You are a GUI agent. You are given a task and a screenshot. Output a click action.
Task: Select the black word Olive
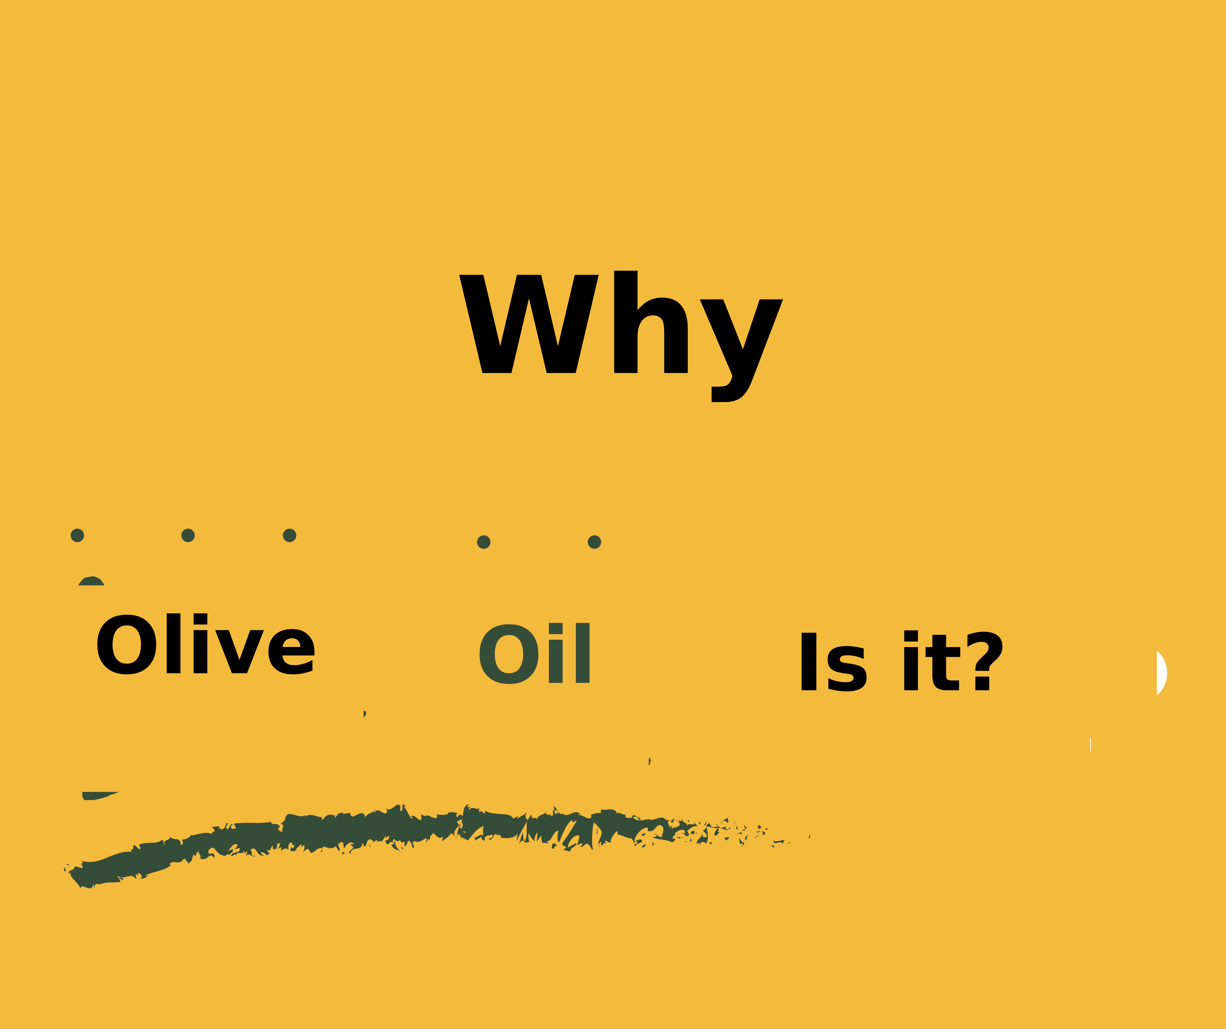pos(205,644)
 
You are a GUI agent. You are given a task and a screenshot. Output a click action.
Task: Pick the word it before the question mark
pos(932,661)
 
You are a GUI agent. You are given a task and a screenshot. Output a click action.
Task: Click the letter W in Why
pos(529,324)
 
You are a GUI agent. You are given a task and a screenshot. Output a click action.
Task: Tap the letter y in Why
pos(741,350)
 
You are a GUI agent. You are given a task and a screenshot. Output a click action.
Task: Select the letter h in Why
pos(651,322)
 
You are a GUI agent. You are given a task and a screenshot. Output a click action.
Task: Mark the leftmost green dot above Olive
pos(77,535)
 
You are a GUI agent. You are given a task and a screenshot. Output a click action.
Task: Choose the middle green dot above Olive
pos(188,535)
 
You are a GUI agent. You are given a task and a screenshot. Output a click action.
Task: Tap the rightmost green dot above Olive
pos(290,535)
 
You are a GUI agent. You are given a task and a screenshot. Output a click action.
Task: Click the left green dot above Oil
pos(483,542)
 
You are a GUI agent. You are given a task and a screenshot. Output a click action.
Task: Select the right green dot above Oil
pos(594,542)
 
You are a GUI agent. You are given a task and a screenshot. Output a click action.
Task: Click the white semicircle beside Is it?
pos(1161,673)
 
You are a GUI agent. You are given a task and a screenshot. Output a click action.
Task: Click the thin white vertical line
pos(1091,745)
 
